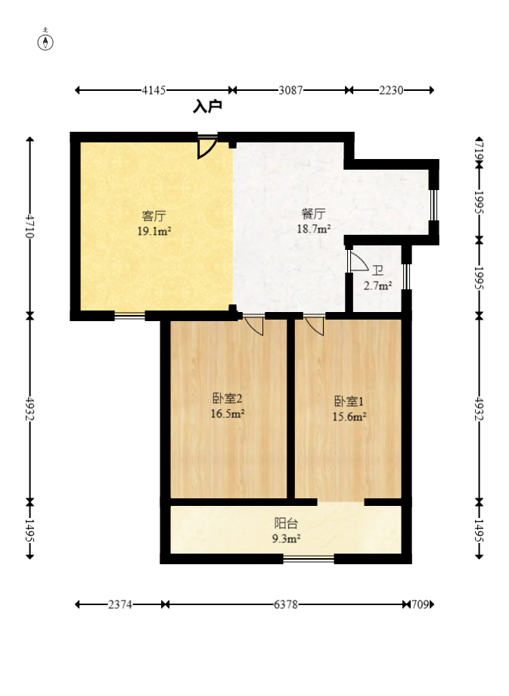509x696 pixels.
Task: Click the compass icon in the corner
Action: (x=47, y=41)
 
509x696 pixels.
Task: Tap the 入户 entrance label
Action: (x=207, y=108)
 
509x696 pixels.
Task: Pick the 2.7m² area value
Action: (x=377, y=286)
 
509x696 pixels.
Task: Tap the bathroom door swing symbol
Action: (x=357, y=261)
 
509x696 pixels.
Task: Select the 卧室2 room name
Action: (x=227, y=398)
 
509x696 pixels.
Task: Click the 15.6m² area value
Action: (x=350, y=416)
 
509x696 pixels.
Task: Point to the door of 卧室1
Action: (x=315, y=325)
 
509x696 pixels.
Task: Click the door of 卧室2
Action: (x=254, y=325)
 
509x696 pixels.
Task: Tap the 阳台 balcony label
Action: (x=285, y=523)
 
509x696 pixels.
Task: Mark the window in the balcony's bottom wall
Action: (x=309, y=560)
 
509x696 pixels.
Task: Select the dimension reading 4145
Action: (x=154, y=90)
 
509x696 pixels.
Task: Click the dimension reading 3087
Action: (x=290, y=90)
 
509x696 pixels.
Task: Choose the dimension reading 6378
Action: (x=285, y=604)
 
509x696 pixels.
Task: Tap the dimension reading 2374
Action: (x=120, y=604)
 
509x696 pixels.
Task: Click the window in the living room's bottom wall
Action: (x=129, y=316)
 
